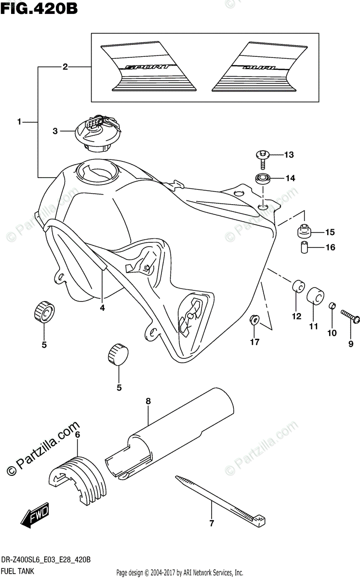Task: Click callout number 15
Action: (330, 233)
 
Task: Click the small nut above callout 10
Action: (332, 307)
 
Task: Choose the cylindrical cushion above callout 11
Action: (315, 295)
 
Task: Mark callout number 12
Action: (296, 316)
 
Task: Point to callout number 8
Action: (148, 401)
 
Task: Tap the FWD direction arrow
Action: (35, 519)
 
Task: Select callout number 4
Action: (102, 308)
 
